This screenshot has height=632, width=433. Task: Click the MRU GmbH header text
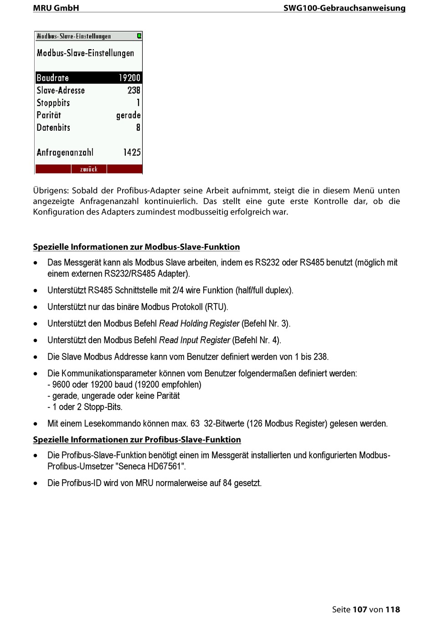click(56, 8)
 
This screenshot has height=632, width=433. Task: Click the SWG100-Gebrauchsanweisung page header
click(344, 8)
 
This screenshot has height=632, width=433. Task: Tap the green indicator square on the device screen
click(139, 36)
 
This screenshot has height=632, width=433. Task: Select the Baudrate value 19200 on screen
click(129, 78)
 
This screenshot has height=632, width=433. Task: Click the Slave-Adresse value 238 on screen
click(134, 90)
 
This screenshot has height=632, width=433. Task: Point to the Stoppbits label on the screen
click(53, 103)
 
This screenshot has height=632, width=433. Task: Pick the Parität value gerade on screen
click(128, 115)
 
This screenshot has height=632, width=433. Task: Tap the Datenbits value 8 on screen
click(138, 128)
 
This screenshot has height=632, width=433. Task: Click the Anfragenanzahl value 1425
click(132, 152)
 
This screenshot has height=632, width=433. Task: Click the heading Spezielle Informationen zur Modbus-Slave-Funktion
click(136, 247)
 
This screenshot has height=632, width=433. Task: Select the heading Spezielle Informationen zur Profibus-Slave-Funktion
click(137, 440)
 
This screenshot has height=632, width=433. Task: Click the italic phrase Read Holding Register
click(199, 324)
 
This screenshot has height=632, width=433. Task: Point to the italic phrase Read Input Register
click(195, 340)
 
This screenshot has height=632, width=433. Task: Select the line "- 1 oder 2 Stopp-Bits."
click(85, 407)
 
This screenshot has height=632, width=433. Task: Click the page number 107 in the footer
click(360, 609)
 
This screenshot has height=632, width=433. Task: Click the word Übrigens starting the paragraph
click(51, 190)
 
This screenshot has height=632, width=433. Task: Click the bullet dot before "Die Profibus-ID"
click(36, 483)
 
